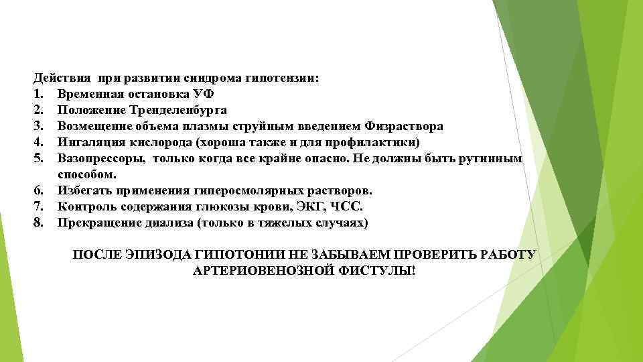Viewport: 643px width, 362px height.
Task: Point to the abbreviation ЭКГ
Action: pos(310,206)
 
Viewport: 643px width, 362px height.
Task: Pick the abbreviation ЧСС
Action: pos(347,206)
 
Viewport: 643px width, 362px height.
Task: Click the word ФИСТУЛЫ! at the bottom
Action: pos(386,271)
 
